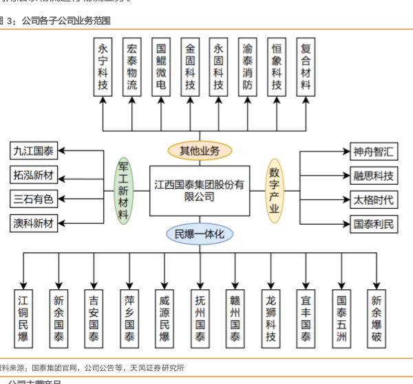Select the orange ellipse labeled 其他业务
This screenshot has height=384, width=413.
[200, 150]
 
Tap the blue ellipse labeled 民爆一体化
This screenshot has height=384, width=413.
[200, 235]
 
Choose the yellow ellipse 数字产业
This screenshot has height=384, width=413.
[275, 190]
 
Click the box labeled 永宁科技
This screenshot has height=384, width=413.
[103, 67]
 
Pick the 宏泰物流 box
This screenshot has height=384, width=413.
[131, 67]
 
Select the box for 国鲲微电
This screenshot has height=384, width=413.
[160, 67]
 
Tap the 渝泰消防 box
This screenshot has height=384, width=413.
[247, 67]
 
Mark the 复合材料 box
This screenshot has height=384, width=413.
[306, 67]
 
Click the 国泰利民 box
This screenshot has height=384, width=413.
[373, 223]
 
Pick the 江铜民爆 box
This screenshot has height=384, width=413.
[24, 318]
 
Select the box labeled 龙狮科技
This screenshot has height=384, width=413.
[271, 318]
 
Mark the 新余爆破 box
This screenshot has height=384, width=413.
[376, 318]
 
